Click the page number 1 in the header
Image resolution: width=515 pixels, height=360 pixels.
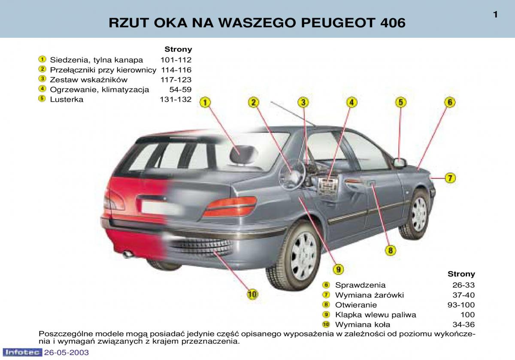coord(495,15)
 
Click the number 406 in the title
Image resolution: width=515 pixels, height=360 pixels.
coord(393,23)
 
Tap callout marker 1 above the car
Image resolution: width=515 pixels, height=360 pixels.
coord(205,102)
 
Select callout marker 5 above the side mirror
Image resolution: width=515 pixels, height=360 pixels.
coord(401,102)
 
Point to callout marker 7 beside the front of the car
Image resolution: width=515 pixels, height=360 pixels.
coord(450,178)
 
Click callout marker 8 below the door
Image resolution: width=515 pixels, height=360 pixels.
coord(391,250)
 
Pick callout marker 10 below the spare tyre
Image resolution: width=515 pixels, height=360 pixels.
coord(252,294)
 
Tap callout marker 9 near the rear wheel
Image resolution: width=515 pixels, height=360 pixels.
coord(338,269)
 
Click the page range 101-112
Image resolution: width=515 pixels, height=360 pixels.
coord(176,60)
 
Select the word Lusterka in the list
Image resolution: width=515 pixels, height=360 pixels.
coord(67,99)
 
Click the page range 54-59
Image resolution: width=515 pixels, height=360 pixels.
coord(181,89)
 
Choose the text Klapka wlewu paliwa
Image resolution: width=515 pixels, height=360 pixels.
coord(376,315)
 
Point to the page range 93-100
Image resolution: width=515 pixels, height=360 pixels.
coord(461,305)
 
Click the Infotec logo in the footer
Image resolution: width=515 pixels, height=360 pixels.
coord(22,352)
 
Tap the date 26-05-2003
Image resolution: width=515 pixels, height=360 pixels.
coord(67,352)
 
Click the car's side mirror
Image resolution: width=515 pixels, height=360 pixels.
coord(400,163)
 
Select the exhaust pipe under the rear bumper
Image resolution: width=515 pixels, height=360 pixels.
coord(128,254)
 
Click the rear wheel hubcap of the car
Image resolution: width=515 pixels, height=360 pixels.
coord(303,256)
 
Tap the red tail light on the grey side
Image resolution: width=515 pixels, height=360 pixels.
coord(230,206)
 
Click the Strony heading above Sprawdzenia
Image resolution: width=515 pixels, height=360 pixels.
coord(461,274)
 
